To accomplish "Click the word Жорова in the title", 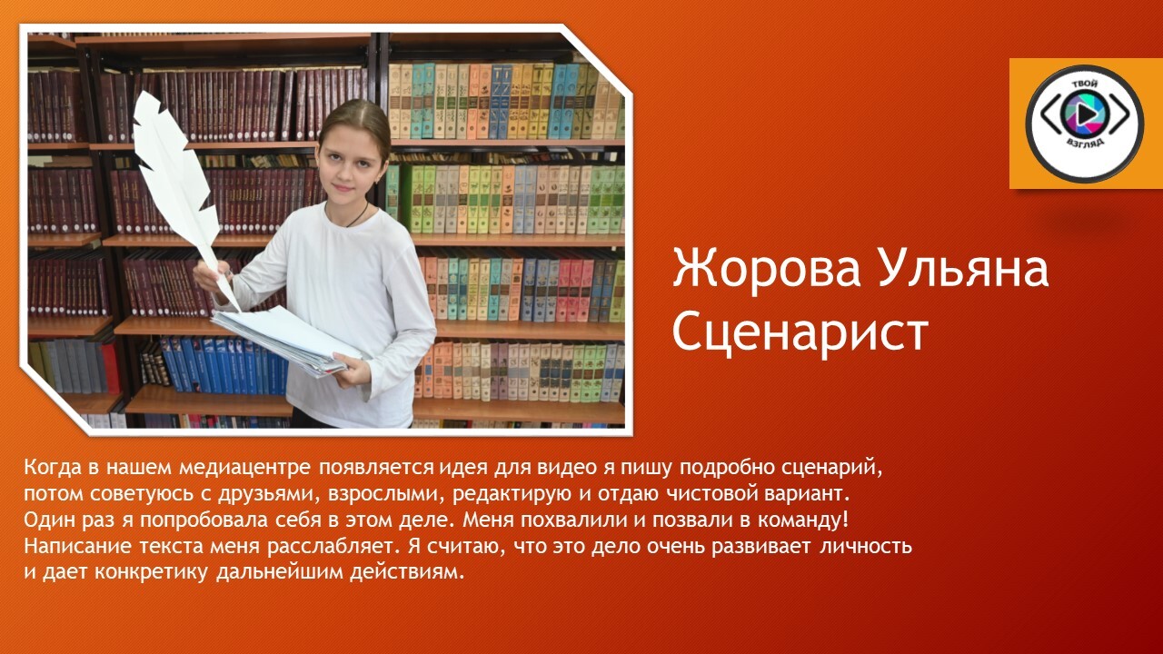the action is (766, 269).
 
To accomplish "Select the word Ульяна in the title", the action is (964, 269).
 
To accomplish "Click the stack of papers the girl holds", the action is (286, 340).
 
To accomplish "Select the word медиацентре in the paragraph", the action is (245, 468).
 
